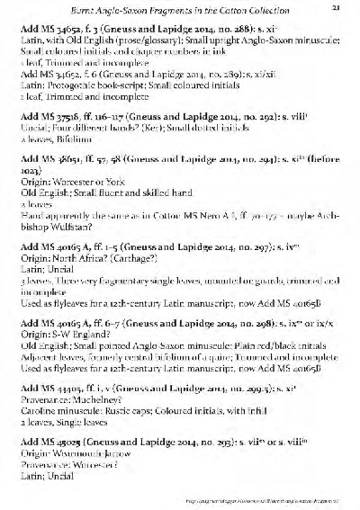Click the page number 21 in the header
click(334, 8)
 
